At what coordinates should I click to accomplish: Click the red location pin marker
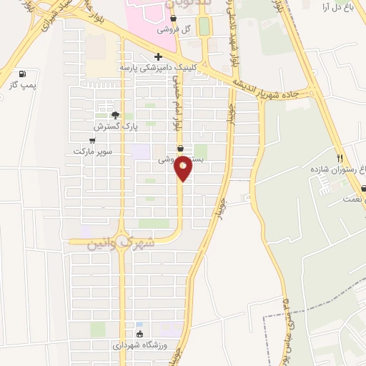point(183,167)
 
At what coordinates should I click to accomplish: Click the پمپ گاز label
point(22,84)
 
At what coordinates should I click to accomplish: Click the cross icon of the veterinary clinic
point(158,56)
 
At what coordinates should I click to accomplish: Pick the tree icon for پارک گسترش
point(114,115)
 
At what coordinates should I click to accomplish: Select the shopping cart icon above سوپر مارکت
point(92,141)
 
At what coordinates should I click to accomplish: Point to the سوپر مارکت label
point(92,152)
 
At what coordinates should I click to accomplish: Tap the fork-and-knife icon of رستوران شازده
point(340,159)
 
